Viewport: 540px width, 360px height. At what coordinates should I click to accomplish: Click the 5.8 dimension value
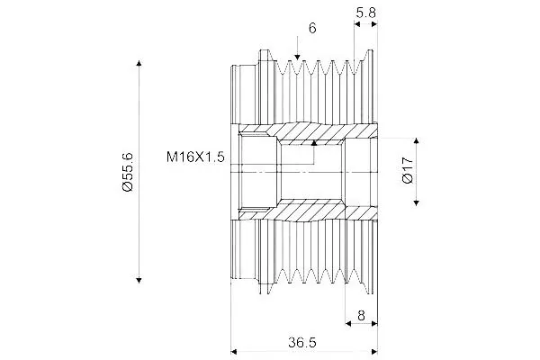pyautogui.click(x=365, y=13)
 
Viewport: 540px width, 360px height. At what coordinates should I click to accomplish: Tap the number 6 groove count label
pyautogui.click(x=312, y=28)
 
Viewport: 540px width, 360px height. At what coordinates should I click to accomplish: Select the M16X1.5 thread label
pyautogui.click(x=195, y=157)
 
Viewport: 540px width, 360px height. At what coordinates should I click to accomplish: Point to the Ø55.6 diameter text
pyautogui.click(x=128, y=172)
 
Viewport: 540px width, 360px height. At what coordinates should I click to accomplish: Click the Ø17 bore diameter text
pyautogui.click(x=408, y=170)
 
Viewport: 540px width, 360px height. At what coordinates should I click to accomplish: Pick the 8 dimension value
pyautogui.click(x=361, y=315)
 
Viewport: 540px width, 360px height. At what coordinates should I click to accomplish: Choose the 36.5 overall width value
pyautogui.click(x=302, y=342)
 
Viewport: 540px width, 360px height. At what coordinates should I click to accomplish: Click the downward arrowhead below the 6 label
pyautogui.click(x=297, y=58)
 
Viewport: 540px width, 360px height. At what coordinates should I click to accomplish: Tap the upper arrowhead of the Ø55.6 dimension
pyautogui.click(x=139, y=63)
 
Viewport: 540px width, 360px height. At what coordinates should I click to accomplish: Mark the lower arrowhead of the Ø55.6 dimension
pyautogui.click(x=139, y=280)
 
